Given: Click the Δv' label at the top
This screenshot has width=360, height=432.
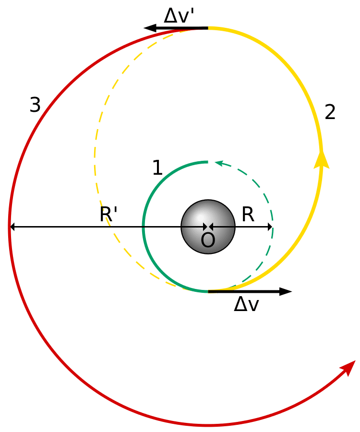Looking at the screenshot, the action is click(x=180, y=16).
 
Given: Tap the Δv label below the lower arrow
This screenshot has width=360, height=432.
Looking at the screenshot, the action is click(x=247, y=305).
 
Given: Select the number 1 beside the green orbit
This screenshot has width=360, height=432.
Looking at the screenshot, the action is click(x=157, y=168).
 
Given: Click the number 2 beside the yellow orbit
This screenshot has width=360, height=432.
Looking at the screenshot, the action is click(x=330, y=112).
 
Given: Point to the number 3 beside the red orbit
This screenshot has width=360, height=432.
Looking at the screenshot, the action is click(x=35, y=105).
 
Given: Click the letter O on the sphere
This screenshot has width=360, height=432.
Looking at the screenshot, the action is click(x=208, y=240).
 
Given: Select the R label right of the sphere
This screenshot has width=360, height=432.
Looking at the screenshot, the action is click(x=248, y=215).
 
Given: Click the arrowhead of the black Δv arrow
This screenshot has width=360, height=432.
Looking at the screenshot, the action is click(x=286, y=291).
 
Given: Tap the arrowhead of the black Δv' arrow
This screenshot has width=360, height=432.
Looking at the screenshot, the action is click(x=150, y=28).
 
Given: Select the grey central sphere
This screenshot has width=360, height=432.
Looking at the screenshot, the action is click(x=208, y=227).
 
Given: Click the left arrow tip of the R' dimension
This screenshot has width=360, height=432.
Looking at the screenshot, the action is click(x=11, y=227).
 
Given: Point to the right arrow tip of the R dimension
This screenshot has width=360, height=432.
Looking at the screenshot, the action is click(x=272, y=227).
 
